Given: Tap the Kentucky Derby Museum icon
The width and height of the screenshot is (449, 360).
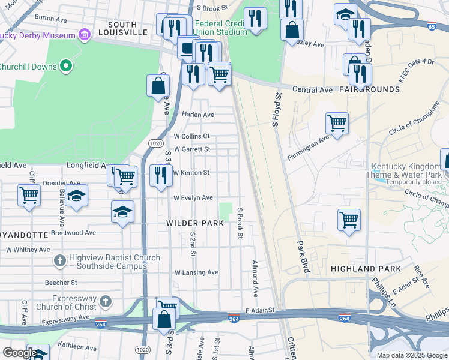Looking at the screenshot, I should pyautogui.click(x=85, y=35).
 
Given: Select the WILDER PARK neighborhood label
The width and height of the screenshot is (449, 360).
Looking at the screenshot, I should pyautogui.click(x=195, y=223).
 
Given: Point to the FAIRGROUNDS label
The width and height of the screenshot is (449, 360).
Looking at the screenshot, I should pyautogui.click(x=369, y=89).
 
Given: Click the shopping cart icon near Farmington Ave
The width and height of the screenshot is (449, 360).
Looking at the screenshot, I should pyautogui.click(x=337, y=124).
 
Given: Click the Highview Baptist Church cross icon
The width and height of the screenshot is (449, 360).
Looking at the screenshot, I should pyautogui.click(x=59, y=261).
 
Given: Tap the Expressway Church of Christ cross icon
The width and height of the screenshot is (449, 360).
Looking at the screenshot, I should pyautogui.click(x=105, y=301).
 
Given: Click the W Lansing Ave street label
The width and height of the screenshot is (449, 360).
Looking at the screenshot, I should pyautogui.click(x=196, y=272).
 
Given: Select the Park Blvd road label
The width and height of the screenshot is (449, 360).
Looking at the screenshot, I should pyautogui.click(x=302, y=257).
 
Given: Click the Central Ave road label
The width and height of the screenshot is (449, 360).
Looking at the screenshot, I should pyautogui.click(x=312, y=90).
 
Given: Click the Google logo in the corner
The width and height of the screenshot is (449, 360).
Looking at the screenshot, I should pyautogui.click(x=20, y=352).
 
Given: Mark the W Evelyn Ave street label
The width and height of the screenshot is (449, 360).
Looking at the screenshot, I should pyautogui.click(x=193, y=197).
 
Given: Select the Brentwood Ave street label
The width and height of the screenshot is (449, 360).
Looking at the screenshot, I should pyautogui.click(x=74, y=232).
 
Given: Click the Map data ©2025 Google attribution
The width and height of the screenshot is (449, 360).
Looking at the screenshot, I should pyautogui.click(x=411, y=355).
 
